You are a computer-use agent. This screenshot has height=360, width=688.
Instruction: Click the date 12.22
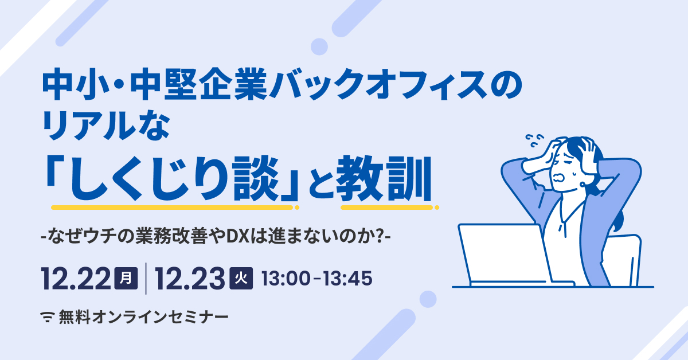76,279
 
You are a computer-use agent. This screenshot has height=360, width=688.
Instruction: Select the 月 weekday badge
127,279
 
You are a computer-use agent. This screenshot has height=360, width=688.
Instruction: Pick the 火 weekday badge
241,279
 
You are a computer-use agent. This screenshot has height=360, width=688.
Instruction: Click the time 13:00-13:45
316,279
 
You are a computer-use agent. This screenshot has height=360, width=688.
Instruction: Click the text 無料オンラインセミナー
143,316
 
